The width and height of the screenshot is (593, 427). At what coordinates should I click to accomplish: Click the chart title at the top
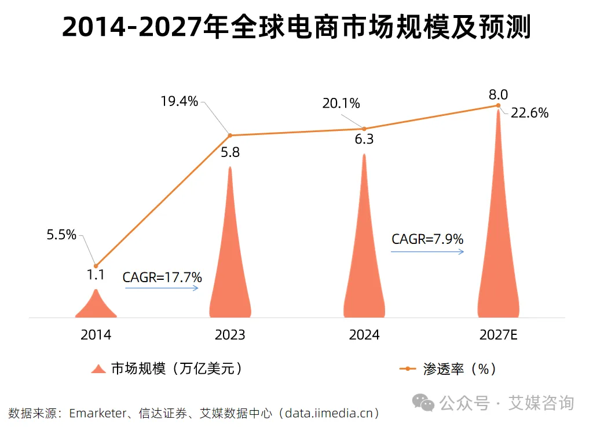click(296, 28)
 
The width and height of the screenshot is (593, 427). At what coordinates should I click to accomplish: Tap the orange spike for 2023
click(230, 267)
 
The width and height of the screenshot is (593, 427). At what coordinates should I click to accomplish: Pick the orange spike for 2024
click(364, 261)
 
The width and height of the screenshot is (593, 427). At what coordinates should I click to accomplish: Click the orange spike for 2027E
click(498, 243)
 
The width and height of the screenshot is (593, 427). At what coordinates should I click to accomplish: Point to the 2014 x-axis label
click(96, 335)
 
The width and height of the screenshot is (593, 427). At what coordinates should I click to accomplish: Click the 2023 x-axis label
click(230, 335)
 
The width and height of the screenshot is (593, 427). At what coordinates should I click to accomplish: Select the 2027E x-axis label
click(498, 335)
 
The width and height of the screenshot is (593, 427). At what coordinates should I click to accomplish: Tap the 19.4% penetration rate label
click(180, 102)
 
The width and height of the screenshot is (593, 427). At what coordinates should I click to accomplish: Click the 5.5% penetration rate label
click(61, 235)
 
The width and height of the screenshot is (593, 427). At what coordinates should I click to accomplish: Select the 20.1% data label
click(342, 104)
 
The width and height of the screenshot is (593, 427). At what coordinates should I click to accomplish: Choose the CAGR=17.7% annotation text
click(162, 278)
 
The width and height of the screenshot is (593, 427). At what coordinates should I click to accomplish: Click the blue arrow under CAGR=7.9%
click(427, 251)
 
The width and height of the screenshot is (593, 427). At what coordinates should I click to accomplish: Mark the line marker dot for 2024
click(364, 129)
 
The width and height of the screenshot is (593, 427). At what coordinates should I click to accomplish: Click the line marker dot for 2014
click(96, 265)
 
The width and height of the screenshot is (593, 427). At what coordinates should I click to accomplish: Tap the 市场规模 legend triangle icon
click(99, 368)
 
